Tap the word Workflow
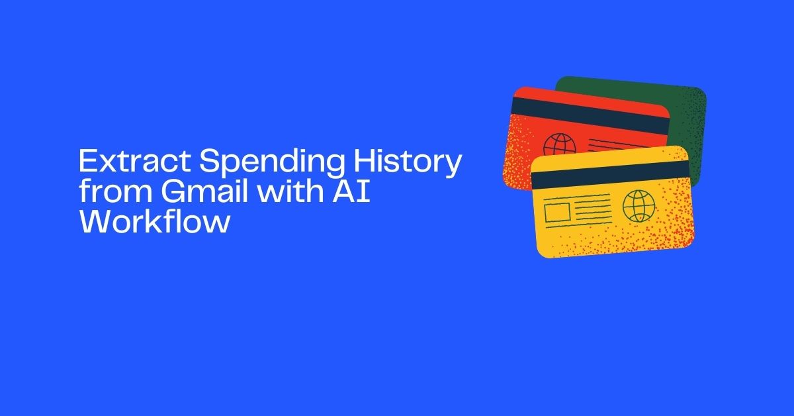[155, 223]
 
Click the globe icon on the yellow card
[637, 206]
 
